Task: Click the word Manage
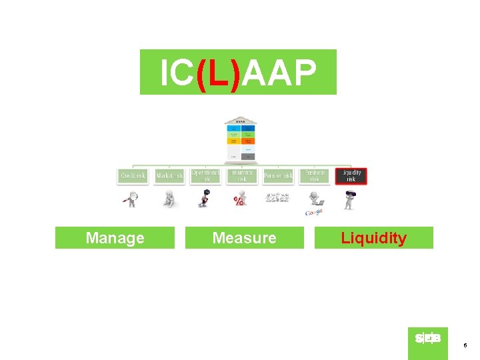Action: tap(115, 238)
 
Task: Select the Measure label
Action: tap(244, 238)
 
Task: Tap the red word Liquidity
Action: tap(373, 238)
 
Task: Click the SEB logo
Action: tap(428, 339)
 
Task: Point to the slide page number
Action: tap(465, 345)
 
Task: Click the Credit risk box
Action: tap(133, 176)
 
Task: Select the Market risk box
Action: tap(169, 176)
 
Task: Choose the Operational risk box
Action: tap(205, 175)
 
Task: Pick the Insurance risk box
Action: tap(241, 175)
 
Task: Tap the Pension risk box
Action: tap(278, 176)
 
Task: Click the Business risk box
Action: tap(314, 175)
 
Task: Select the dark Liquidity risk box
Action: tap(351, 175)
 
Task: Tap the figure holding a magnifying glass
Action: tap(132, 199)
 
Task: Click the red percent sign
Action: tap(238, 201)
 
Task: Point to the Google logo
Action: tap(314, 212)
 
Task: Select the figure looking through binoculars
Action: tap(349, 199)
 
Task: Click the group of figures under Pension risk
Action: tap(277, 198)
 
